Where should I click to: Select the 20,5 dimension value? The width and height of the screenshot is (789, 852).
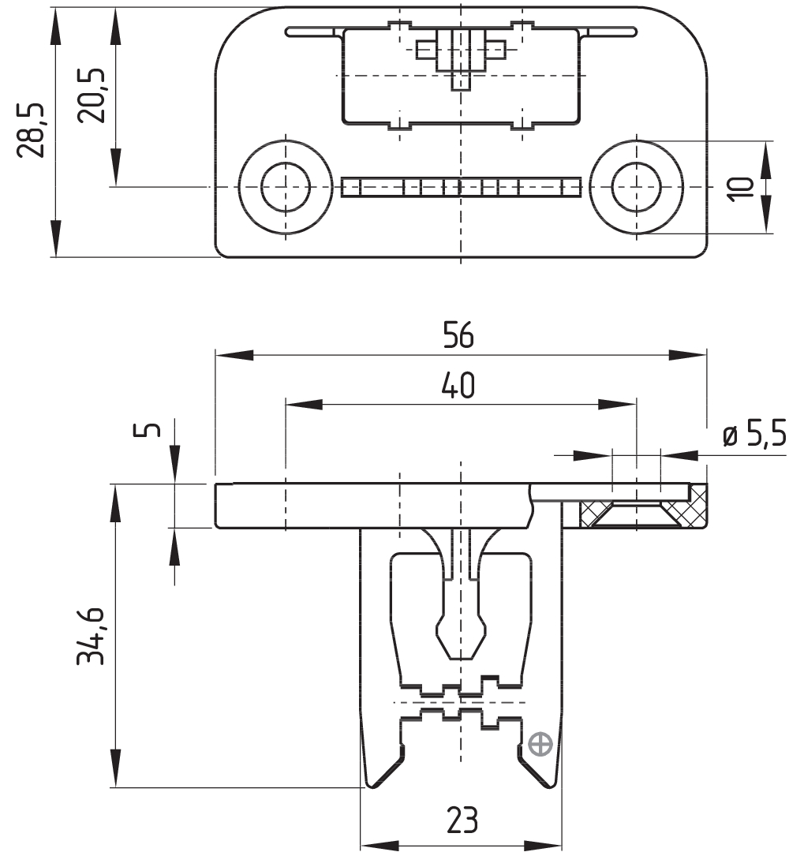coord(92,94)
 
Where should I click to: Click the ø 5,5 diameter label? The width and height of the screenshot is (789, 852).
coord(753,435)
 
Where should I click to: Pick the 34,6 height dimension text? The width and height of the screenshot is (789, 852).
coord(92,636)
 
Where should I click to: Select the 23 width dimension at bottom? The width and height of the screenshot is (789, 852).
coord(462,820)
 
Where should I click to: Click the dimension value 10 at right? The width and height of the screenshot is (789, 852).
coord(742,188)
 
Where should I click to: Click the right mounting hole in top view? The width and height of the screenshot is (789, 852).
coord(635,188)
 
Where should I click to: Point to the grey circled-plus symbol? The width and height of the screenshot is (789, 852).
coord(540,744)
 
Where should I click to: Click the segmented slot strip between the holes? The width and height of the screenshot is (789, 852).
coord(462,187)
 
